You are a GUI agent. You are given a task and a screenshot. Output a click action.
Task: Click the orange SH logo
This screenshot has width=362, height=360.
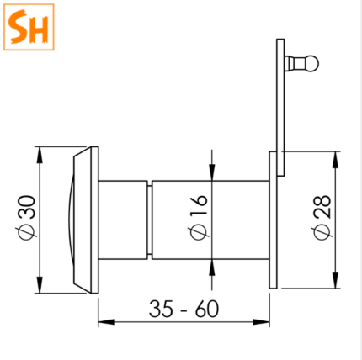click(29, 27)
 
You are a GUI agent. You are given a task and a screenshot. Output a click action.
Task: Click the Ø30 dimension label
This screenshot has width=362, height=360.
click(27, 217)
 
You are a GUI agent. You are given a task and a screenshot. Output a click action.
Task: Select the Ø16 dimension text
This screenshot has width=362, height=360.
click(199, 217)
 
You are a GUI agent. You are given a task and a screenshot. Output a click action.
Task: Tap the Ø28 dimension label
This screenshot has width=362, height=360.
click(322, 218)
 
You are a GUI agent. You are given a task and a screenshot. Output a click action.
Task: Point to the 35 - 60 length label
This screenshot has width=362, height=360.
click(184, 309)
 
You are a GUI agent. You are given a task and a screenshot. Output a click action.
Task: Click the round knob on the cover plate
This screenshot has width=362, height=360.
click(312, 64)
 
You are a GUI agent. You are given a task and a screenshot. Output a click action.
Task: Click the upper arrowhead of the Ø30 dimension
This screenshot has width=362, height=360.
click(40, 155)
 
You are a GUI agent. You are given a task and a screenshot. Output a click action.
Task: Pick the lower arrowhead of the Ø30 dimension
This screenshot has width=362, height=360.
click(40, 285)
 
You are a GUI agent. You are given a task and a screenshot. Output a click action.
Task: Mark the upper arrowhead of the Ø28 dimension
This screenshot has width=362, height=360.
click(335, 160)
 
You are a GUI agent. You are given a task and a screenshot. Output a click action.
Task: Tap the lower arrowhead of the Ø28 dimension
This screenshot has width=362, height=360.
click(335, 280)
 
